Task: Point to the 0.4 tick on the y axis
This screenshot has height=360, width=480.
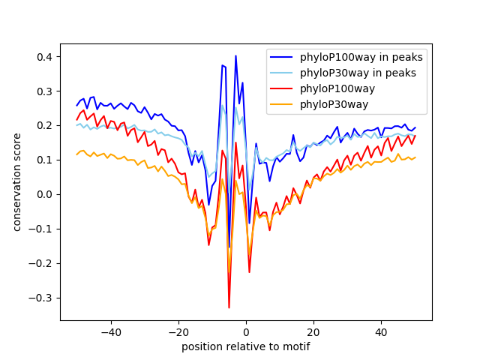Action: point(43,57)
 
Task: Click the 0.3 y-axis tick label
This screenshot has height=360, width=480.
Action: point(43,91)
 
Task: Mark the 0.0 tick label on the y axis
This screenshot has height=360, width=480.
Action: point(43,194)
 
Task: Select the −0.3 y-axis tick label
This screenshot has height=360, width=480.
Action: point(40,298)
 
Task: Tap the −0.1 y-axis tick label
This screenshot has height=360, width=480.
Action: point(40,229)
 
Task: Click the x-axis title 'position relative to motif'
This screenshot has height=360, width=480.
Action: point(245,346)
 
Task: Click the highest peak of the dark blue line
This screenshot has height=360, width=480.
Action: point(235,55)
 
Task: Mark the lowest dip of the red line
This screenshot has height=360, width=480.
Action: point(229,307)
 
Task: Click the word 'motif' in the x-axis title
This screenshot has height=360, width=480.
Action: point(296,346)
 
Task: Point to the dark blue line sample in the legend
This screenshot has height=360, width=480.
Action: point(281,57)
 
